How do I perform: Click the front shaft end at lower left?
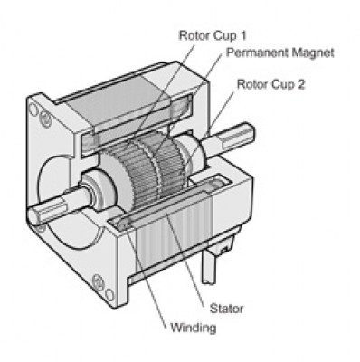tap(36, 214)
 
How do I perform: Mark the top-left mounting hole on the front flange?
tap(34, 110)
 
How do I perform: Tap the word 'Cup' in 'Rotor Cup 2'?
tap(288, 84)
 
